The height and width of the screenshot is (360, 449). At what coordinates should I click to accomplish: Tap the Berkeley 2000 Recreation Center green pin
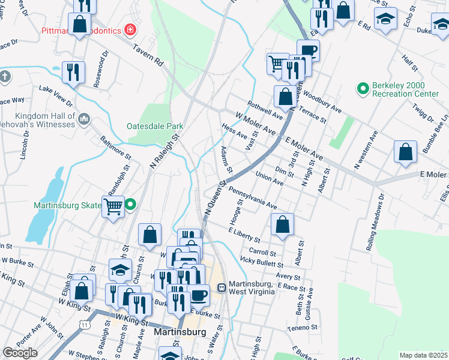click(362, 90)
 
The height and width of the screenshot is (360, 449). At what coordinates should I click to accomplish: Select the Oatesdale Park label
click(155, 126)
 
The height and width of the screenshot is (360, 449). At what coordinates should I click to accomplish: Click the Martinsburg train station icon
click(221, 288)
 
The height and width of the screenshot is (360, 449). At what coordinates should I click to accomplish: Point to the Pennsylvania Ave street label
click(252, 197)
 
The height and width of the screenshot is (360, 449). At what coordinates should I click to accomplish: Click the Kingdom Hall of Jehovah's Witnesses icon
click(83, 120)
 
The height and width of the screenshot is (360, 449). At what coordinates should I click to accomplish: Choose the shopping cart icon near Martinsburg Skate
click(113, 207)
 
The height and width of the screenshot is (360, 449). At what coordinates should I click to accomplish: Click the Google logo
click(20, 353)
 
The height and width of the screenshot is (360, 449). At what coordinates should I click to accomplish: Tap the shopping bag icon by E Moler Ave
click(406, 152)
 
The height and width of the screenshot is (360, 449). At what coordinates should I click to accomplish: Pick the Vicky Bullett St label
click(261, 261)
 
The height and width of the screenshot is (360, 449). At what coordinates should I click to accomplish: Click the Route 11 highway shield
click(84, 324)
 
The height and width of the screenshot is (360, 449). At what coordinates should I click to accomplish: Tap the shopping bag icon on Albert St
click(282, 225)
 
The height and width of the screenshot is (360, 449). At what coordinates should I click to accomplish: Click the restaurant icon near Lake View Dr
click(73, 72)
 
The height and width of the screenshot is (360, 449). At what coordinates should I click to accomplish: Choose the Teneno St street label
click(301, 328)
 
